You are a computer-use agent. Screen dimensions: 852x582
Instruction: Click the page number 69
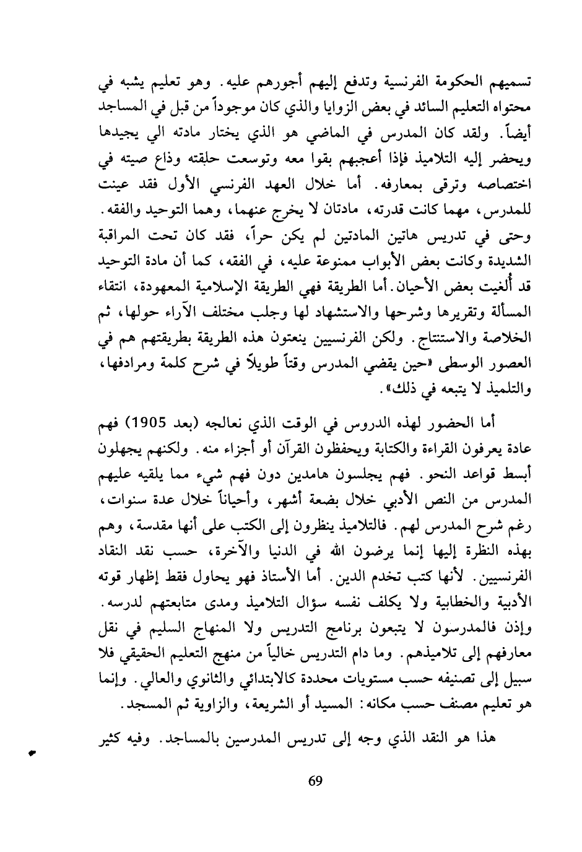click(x=315, y=780)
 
